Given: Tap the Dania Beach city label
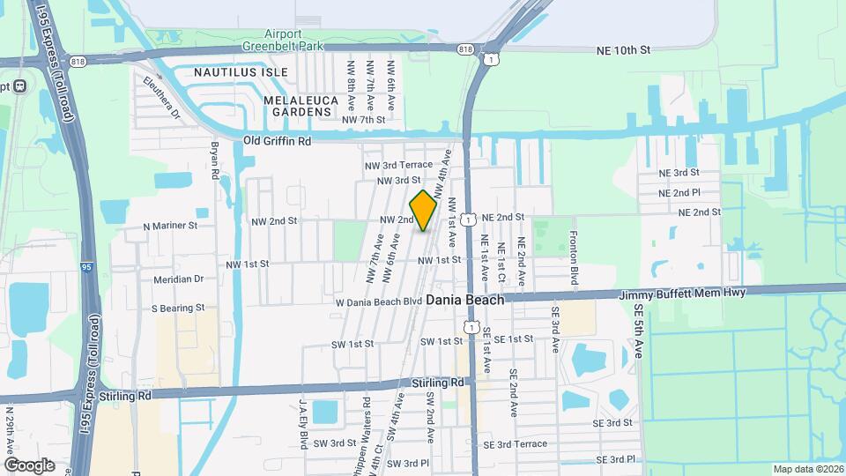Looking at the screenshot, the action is pos(465,300).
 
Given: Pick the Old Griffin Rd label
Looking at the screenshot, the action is pos(277,141).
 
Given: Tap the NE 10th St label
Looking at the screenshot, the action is pos(623,51).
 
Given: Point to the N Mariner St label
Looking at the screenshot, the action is pos(170,227).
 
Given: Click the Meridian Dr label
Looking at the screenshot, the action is pos(178,279).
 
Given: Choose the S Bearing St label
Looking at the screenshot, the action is pos(178,309).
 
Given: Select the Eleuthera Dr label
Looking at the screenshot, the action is pos(161,95).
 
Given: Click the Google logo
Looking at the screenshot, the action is pos(29,465).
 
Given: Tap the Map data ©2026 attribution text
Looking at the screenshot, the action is pos(807,468).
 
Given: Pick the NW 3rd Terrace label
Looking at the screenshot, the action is pos(398,165).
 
